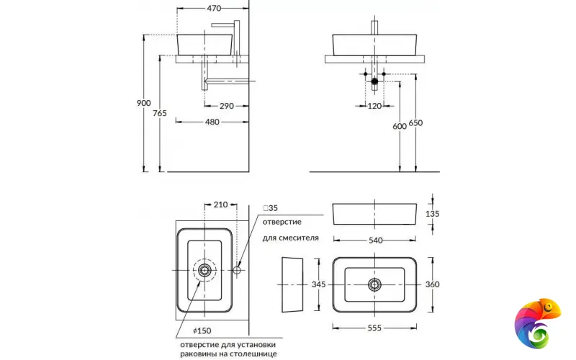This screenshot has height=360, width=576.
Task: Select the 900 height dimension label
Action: (144, 103)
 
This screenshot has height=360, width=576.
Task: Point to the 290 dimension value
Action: (227, 106)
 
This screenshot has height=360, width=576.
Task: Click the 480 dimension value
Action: (212, 122)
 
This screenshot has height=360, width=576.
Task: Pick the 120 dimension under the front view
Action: (374, 106)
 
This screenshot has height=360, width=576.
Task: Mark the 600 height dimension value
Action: (399, 126)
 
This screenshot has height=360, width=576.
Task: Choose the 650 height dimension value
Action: (415, 122)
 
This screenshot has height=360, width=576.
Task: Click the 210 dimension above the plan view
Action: (221, 204)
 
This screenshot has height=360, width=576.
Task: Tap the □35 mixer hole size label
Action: (270, 208)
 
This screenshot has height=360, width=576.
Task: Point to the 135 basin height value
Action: (432, 214)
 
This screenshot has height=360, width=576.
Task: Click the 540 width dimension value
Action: (375, 240)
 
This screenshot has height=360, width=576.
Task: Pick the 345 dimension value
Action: (319, 284)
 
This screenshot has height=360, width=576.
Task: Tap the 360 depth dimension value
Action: (432, 284)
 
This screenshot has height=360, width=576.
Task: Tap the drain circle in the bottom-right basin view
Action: (374, 284)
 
